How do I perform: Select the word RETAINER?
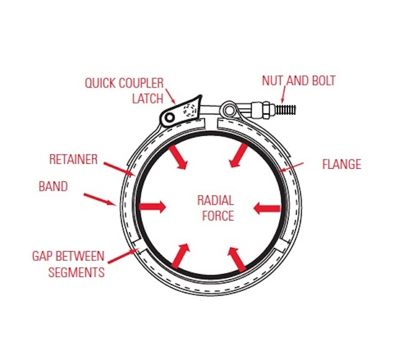(73, 159)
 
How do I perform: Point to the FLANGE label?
(341, 165)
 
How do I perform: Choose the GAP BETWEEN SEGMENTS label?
(69, 264)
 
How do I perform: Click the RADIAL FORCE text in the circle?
(215, 208)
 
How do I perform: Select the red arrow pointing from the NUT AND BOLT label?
(282, 96)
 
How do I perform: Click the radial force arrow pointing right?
(153, 207)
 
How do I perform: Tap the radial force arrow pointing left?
(266, 207)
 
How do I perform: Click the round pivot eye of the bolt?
(229, 110)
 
